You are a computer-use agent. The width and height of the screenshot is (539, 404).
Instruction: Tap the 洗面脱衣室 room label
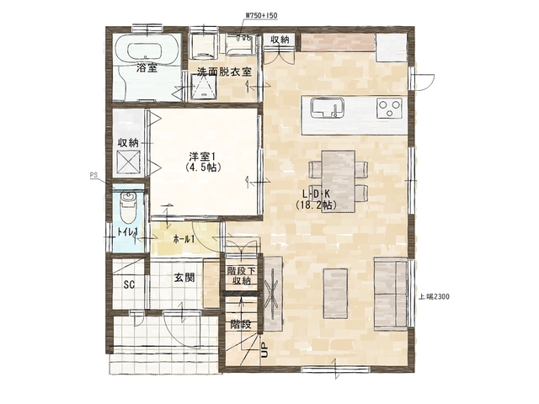(x=224, y=72)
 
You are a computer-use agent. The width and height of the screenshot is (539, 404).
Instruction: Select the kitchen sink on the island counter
(x=328, y=108)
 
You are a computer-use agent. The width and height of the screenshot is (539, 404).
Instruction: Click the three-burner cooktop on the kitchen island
(x=389, y=109)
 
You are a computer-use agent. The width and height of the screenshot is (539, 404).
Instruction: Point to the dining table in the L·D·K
(x=339, y=181)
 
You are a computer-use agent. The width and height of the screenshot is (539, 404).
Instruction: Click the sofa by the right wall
(x=391, y=295)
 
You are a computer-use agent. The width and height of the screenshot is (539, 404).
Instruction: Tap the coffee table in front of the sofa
(x=335, y=294)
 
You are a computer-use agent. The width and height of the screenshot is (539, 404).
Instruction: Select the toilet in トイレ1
(x=128, y=207)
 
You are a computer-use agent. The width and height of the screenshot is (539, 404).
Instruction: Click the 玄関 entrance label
(x=184, y=277)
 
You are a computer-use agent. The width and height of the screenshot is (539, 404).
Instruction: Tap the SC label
(x=129, y=284)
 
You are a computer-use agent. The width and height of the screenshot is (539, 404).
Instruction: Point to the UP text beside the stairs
(x=264, y=350)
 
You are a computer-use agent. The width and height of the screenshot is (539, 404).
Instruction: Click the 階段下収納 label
(x=241, y=276)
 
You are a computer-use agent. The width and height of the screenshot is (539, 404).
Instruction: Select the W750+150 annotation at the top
(x=262, y=15)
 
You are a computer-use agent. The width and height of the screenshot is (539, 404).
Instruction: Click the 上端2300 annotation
(x=434, y=296)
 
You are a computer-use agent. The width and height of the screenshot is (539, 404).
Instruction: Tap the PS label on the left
(x=93, y=175)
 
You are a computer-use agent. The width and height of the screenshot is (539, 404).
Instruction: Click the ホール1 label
(x=184, y=239)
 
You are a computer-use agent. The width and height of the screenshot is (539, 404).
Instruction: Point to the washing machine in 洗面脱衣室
(x=204, y=45)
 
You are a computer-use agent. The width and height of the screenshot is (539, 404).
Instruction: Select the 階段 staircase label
(x=240, y=324)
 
